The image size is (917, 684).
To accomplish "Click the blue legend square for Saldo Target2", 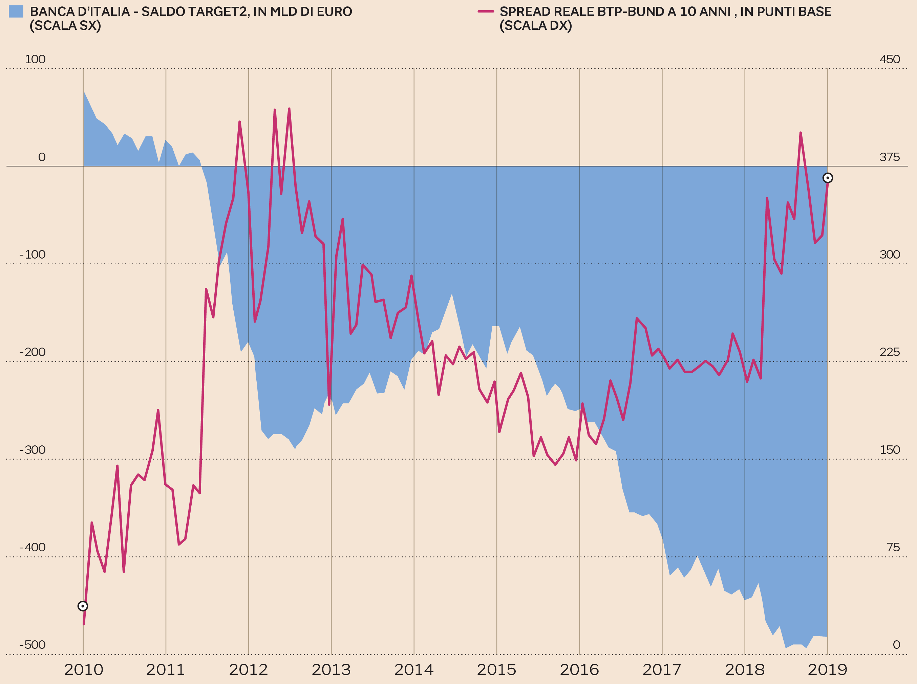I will click(16, 11).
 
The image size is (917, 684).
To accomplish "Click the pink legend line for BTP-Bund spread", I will click(486, 11).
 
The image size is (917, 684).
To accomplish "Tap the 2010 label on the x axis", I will click(83, 669).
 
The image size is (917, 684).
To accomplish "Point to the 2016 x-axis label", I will click(579, 669).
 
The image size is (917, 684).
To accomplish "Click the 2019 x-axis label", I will click(827, 669).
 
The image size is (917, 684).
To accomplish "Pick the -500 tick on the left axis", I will click(32, 645).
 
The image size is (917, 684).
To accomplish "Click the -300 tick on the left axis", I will click(32, 450).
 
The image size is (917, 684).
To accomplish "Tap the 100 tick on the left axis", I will click(35, 59).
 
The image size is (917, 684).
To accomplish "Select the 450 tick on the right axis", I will click(890, 59).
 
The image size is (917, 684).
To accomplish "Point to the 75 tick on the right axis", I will click(893, 547).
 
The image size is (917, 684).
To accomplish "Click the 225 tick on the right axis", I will click(890, 352).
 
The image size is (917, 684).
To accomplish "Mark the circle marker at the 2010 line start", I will click(83, 606).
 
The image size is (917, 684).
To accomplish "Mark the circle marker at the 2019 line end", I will click(828, 178).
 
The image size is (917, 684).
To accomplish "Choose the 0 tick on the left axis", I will click(42, 157).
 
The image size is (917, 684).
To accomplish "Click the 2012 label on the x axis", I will click(249, 669).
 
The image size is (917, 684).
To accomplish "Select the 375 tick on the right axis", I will click(890, 157).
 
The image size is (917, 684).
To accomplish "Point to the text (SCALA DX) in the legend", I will click(536, 26).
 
